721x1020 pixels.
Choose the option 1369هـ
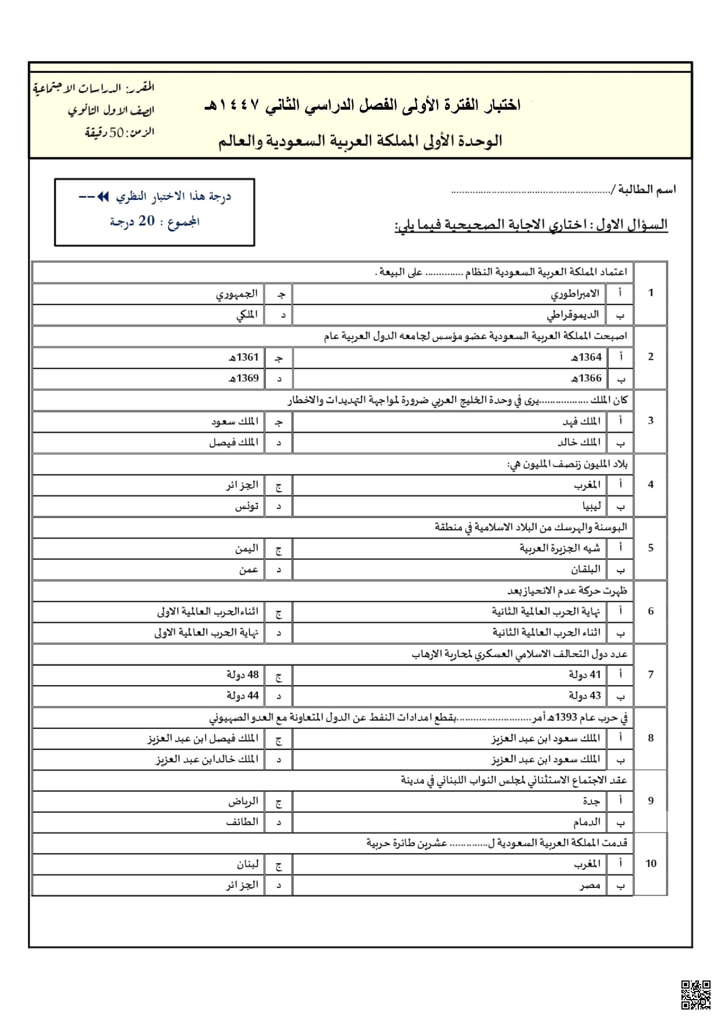click(244, 378)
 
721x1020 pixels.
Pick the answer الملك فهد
click(581, 421)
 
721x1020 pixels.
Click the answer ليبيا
click(592, 506)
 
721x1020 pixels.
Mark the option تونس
click(247, 506)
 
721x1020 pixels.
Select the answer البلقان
click(585, 569)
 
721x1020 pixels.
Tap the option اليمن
click(247, 549)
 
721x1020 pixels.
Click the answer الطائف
click(242, 822)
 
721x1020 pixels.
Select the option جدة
click(591, 801)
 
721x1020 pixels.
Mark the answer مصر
click(590, 885)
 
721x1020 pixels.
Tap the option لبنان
click(247, 864)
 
